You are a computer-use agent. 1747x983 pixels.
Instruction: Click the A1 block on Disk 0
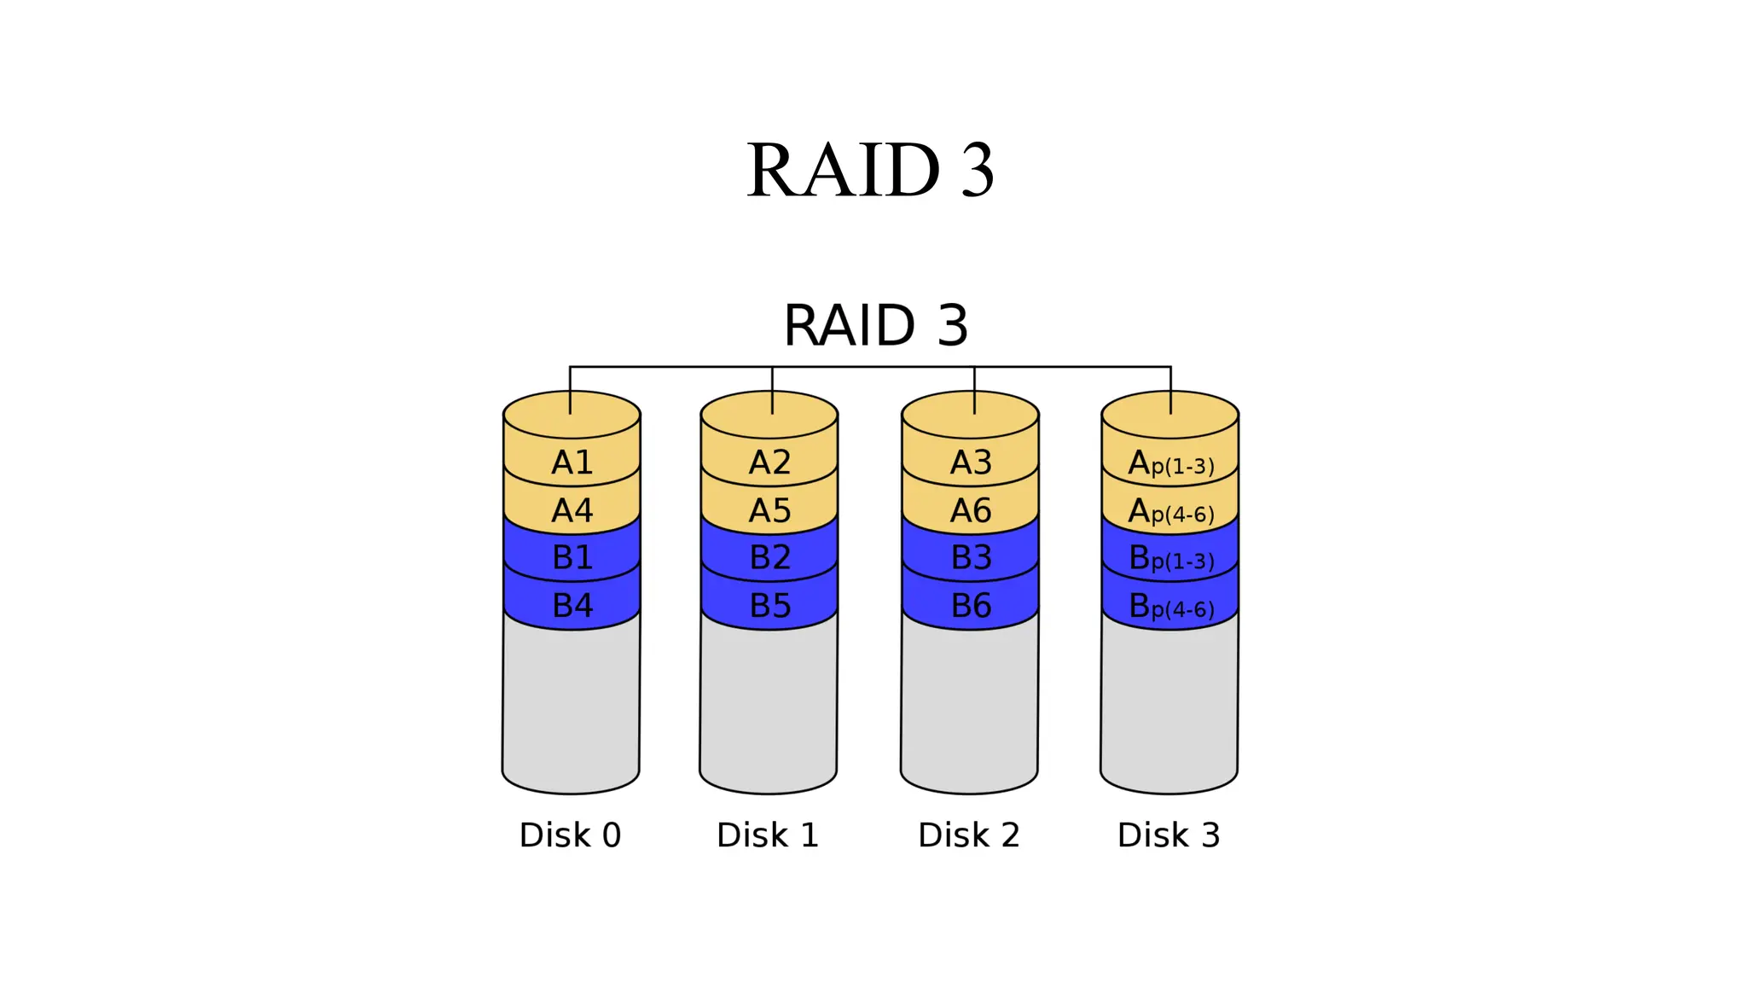pos(572,462)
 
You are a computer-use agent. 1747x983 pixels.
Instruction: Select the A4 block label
pos(572,510)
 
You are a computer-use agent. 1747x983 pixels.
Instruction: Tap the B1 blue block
pos(572,557)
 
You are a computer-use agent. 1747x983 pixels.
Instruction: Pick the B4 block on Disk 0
pos(572,605)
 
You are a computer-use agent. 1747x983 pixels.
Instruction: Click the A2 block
pos(769,462)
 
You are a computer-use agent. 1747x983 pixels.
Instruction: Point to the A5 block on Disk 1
pos(769,510)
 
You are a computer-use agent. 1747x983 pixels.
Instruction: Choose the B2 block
pos(769,557)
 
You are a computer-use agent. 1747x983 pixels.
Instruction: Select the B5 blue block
pos(769,605)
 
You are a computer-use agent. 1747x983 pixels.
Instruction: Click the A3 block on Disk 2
pos(971,462)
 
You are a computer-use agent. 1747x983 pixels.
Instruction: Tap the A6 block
pos(971,510)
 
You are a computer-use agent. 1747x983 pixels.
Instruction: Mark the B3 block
pos(971,557)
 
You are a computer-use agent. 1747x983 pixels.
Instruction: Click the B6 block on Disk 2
pos(971,605)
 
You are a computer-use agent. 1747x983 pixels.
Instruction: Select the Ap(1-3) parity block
pos(1170,463)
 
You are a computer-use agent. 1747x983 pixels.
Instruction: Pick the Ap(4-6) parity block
pos(1170,511)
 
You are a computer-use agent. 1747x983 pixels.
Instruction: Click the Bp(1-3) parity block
pos(1170,558)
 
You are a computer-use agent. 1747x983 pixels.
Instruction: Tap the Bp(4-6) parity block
pos(1170,606)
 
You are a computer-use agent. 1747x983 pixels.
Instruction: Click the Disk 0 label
pos(570,835)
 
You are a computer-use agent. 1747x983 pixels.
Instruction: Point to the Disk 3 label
pos(1169,835)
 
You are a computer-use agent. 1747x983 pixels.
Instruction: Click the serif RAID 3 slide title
pos(870,170)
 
